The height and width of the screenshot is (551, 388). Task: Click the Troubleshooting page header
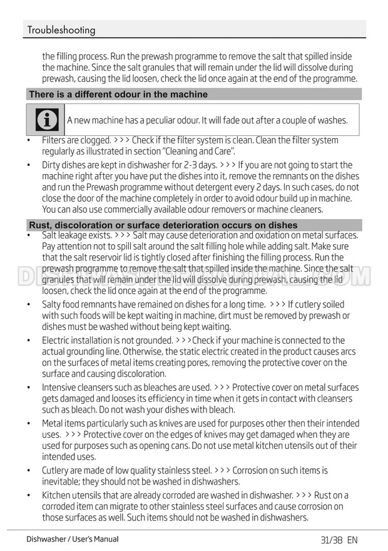pos(61,30)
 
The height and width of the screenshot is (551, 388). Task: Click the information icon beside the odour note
pos(46,120)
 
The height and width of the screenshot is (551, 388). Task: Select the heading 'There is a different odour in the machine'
pos(118,95)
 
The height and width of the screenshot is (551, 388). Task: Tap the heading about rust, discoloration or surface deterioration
pos(163,225)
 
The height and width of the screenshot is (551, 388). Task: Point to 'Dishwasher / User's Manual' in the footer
pos(72,539)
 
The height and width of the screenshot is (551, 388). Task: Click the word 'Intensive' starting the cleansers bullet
pos(60,388)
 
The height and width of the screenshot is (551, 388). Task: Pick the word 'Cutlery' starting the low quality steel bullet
pos(57,470)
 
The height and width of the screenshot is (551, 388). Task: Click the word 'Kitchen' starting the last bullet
pos(58,495)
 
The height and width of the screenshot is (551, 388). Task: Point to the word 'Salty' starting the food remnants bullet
pos(54,305)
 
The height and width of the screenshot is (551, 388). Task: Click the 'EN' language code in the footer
pos(352,540)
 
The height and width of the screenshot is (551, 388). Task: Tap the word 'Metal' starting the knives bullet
pos(53,424)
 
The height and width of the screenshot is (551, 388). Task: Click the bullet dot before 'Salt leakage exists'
pos(29,235)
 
